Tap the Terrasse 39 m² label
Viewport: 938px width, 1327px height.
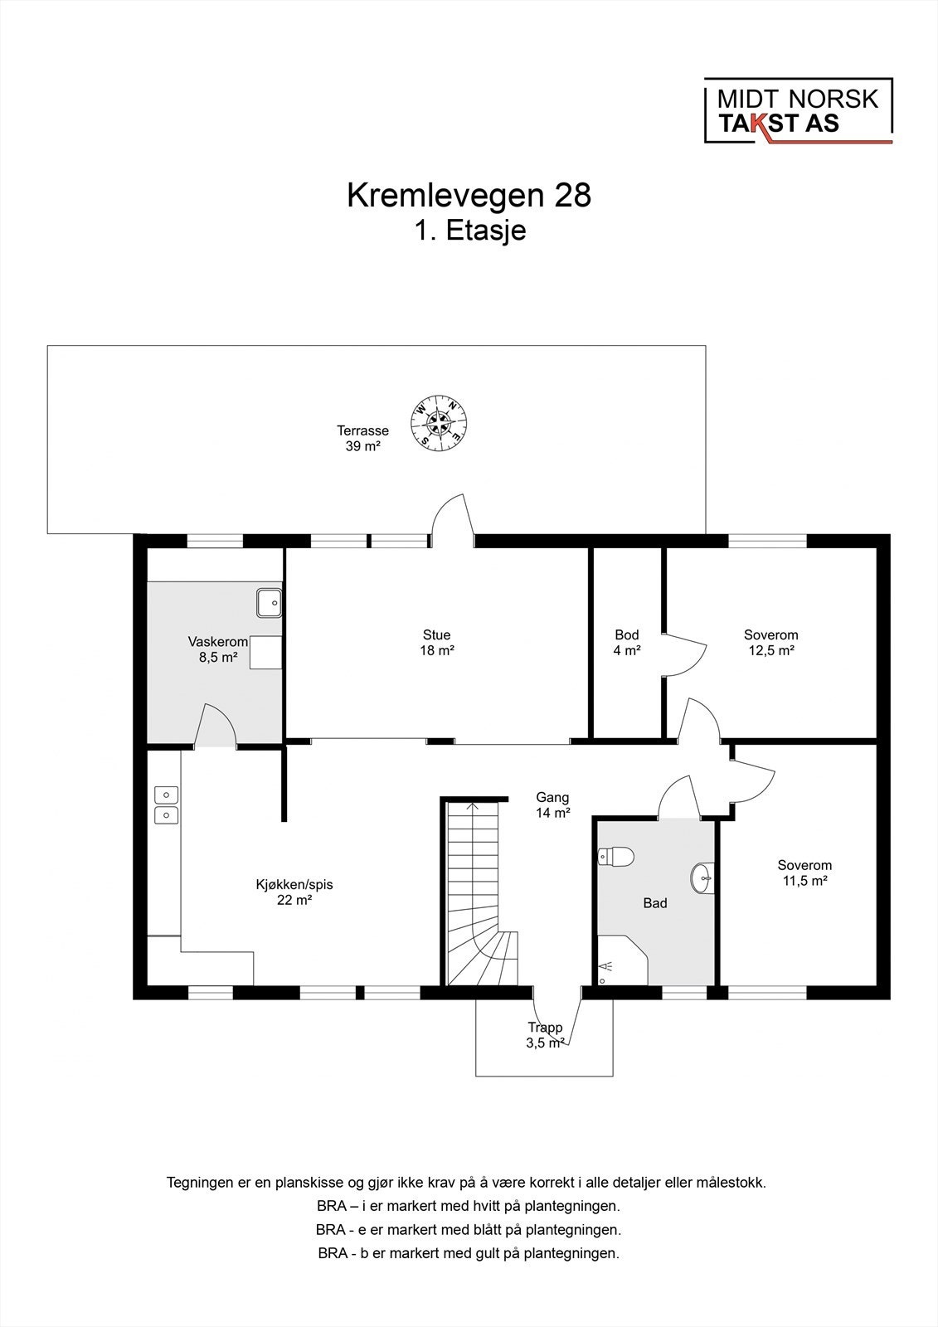point(362,438)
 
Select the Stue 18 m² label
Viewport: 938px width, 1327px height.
point(436,643)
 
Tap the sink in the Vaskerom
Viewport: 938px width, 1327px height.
point(268,602)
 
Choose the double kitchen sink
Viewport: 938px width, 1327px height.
point(166,804)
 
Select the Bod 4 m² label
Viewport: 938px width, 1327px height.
point(627,643)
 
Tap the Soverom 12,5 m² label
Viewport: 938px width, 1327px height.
point(770,643)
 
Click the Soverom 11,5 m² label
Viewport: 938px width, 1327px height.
point(804,873)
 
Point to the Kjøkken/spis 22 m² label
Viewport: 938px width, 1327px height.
point(294,892)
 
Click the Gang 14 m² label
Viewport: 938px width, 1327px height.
point(552,805)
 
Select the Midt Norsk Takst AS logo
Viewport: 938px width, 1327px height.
point(798,111)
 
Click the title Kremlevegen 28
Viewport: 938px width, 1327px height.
point(469,196)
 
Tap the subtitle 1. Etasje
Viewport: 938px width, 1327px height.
point(470,231)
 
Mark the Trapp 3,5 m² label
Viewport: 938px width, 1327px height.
point(545,1035)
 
